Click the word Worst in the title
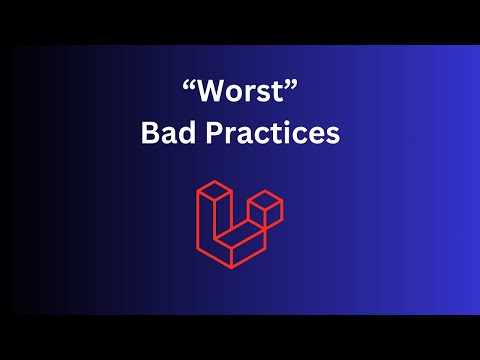[x=240, y=95]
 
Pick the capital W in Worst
[x=209, y=95]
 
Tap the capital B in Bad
[x=150, y=132]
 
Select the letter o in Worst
[x=233, y=97]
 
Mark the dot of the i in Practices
[x=293, y=122]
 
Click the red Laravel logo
[x=239, y=224]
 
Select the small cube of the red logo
[x=265, y=211]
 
